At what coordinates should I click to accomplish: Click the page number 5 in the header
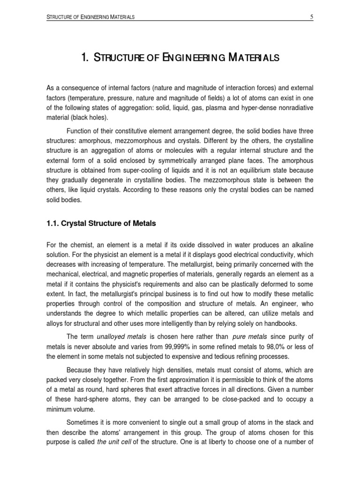pyautogui.click(x=311, y=17)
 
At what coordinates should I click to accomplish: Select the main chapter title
pyautogui.click(x=180, y=58)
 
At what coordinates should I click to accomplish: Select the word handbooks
pyautogui.click(x=280, y=323)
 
